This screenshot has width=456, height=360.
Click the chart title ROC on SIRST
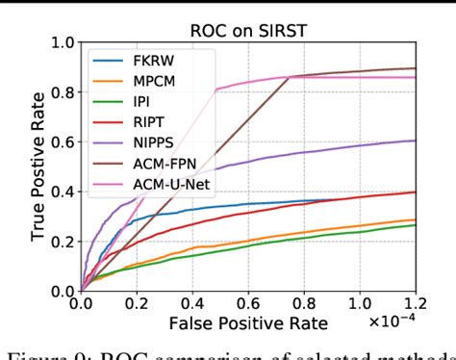[248, 28]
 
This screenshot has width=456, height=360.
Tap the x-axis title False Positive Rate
[248, 322]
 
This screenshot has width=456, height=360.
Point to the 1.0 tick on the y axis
[62, 42]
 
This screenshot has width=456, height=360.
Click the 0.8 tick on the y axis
[62, 92]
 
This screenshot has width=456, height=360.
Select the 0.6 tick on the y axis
[62, 141]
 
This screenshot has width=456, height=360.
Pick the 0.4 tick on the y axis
[62, 192]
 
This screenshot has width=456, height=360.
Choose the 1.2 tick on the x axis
[415, 305]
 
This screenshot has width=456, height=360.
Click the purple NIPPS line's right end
[416, 141]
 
